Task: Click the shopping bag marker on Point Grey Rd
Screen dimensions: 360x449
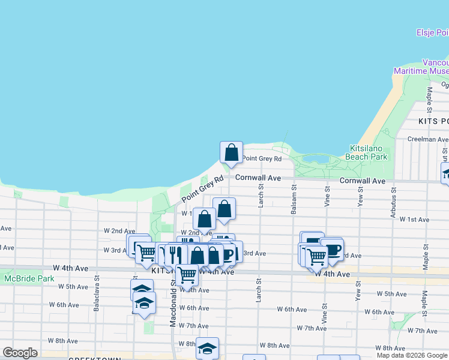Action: click(231, 153)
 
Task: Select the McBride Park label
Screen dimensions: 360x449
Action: click(29, 278)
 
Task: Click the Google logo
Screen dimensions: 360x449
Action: click(20, 353)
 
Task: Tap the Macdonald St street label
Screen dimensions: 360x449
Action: click(173, 306)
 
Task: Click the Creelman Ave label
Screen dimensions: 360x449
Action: click(427, 139)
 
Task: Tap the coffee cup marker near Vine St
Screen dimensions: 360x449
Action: click(331, 249)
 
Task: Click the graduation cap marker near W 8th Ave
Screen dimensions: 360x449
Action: click(207, 348)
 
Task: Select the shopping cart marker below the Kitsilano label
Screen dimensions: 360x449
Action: click(187, 275)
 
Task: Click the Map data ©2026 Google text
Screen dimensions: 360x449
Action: click(412, 355)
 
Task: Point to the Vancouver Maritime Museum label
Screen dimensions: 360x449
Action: click(421, 67)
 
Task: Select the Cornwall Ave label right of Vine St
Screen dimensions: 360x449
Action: click(362, 181)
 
